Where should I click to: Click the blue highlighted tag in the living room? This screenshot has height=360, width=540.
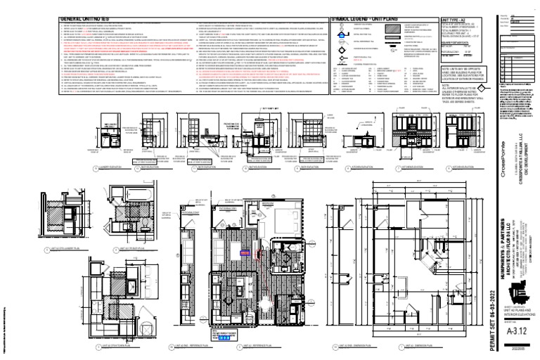tap(245, 251)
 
